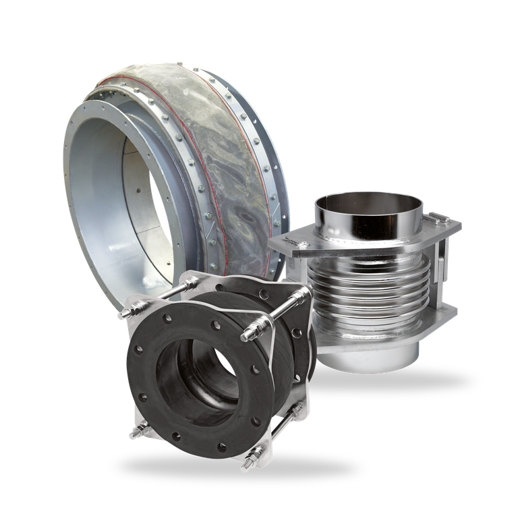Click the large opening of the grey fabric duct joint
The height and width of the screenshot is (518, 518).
125,202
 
